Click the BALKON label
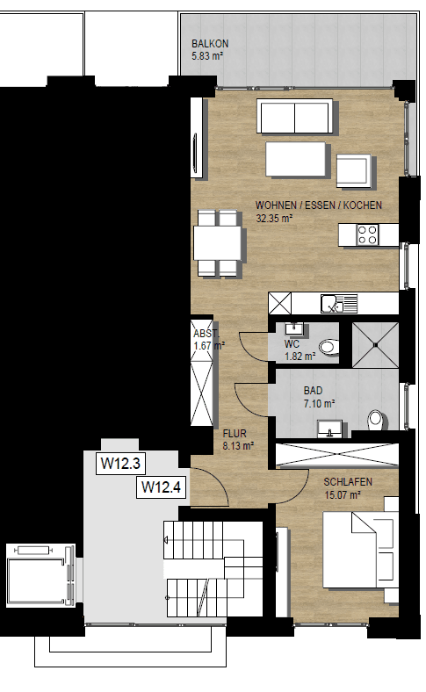point(210,45)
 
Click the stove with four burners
point(366,234)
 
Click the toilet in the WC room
point(329,347)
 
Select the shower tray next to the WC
point(375,344)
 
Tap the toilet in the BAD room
point(375,418)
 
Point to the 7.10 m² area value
point(319,404)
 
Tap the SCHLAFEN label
point(348,483)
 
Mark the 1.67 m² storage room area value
point(209,346)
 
